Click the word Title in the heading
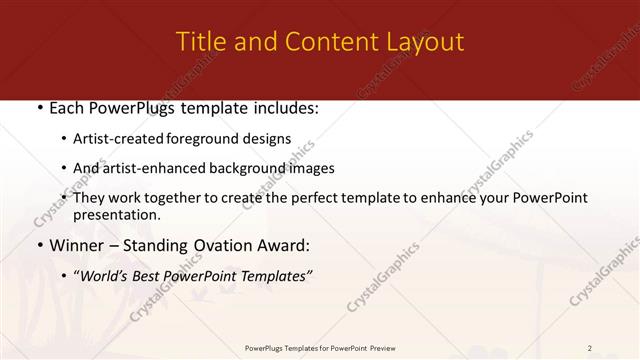[x=198, y=42]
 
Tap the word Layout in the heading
[x=423, y=42]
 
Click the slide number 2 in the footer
[x=590, y=348]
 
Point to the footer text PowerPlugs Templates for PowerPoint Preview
[x=319, y=348]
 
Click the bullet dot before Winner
[x=39, y=245]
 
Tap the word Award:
[x=288, y=245]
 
